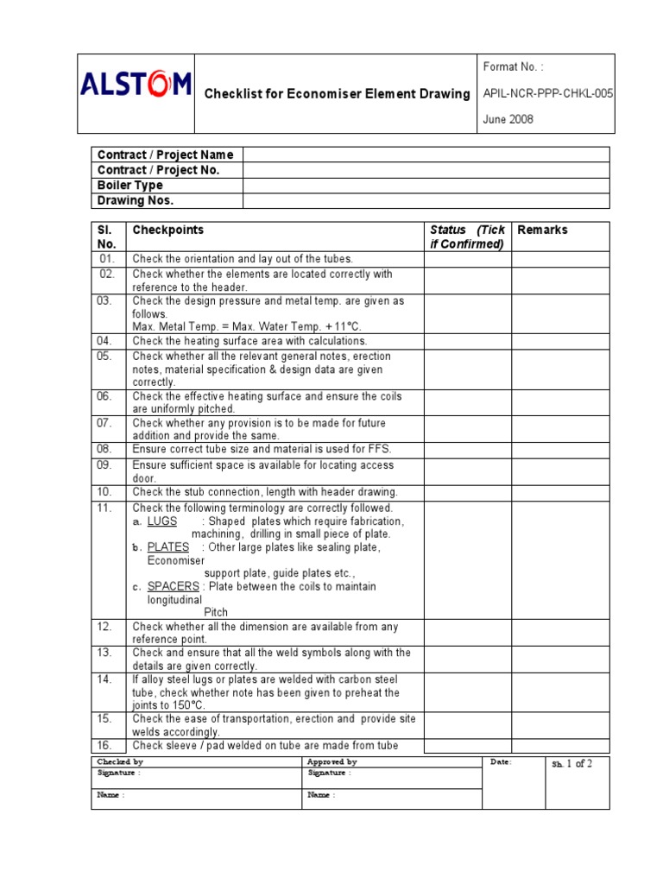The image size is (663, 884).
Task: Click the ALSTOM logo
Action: (x=136, y=85)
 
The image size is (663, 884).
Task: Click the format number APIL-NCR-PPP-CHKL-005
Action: (x=546, y=93)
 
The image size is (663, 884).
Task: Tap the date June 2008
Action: (x=508, y=120)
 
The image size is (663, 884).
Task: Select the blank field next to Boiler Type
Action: (x=426, y=186)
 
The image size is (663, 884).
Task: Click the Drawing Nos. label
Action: (x=136, y=201)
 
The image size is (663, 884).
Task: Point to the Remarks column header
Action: (x=542, y=230)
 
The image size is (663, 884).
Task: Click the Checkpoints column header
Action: (x=167, y=230)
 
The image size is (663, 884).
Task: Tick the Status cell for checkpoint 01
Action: (x=467, y=259)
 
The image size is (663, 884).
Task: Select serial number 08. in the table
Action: (x=105, y=449)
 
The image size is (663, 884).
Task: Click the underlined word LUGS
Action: (x=162, y=521)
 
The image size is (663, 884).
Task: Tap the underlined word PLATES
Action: (x=168, y=547)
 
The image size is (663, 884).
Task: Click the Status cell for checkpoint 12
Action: (x=467, y=633)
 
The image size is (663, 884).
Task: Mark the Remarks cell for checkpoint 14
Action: (x=560, y=691)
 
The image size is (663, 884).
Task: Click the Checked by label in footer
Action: (x=120, y=762)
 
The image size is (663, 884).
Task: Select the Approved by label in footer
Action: (x=331, y=762)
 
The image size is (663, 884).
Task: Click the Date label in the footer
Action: (x=501, y=762)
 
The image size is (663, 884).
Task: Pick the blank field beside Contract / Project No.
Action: (x=426, y=170)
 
